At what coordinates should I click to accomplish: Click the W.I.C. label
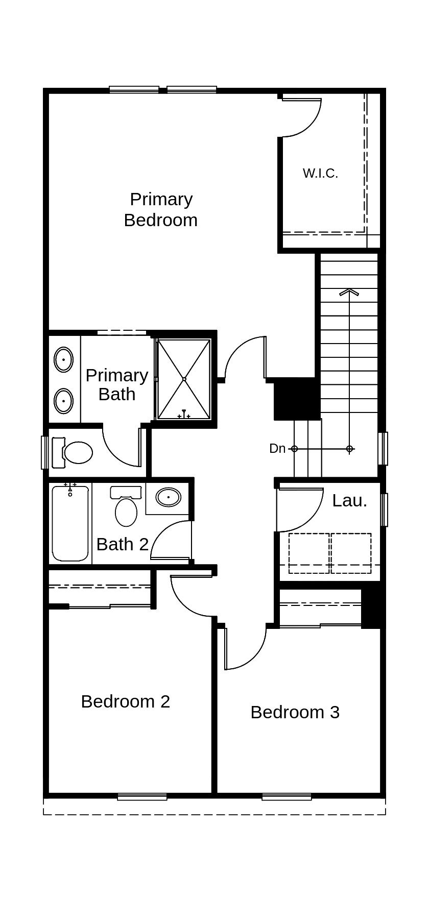coord(320,173)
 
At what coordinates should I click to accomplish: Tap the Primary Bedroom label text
coord(161,209)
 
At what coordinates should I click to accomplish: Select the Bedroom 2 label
coord(125,701)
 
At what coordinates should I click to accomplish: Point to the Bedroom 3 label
coord(295,712)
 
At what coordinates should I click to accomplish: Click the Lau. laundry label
coord(349,501)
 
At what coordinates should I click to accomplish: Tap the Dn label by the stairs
coord(277,449)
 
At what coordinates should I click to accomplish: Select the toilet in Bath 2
coord(126,508)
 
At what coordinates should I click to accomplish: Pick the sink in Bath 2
coord(168,497)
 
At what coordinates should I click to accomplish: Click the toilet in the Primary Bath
coord(74,452)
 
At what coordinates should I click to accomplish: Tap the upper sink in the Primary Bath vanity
coord(63,360)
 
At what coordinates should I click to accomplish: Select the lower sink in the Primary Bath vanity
coord(63,401)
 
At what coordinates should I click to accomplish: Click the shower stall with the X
coord(184,379)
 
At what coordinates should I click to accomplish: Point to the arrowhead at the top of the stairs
coord(349,293)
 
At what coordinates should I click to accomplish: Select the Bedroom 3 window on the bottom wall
coord(287,796)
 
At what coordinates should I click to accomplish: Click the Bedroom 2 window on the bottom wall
coord(142,796)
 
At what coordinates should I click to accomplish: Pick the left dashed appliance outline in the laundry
coord(309,553)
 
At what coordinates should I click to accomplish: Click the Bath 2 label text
coord(122,545)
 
